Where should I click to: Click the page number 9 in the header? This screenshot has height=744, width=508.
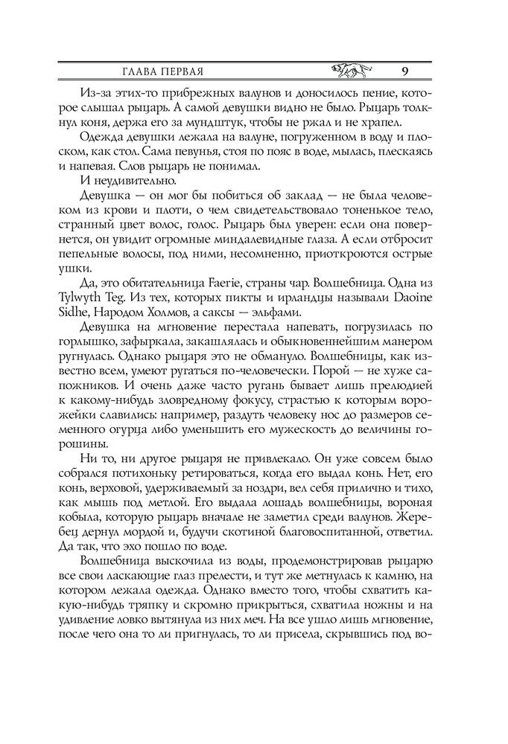pos(404,71)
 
